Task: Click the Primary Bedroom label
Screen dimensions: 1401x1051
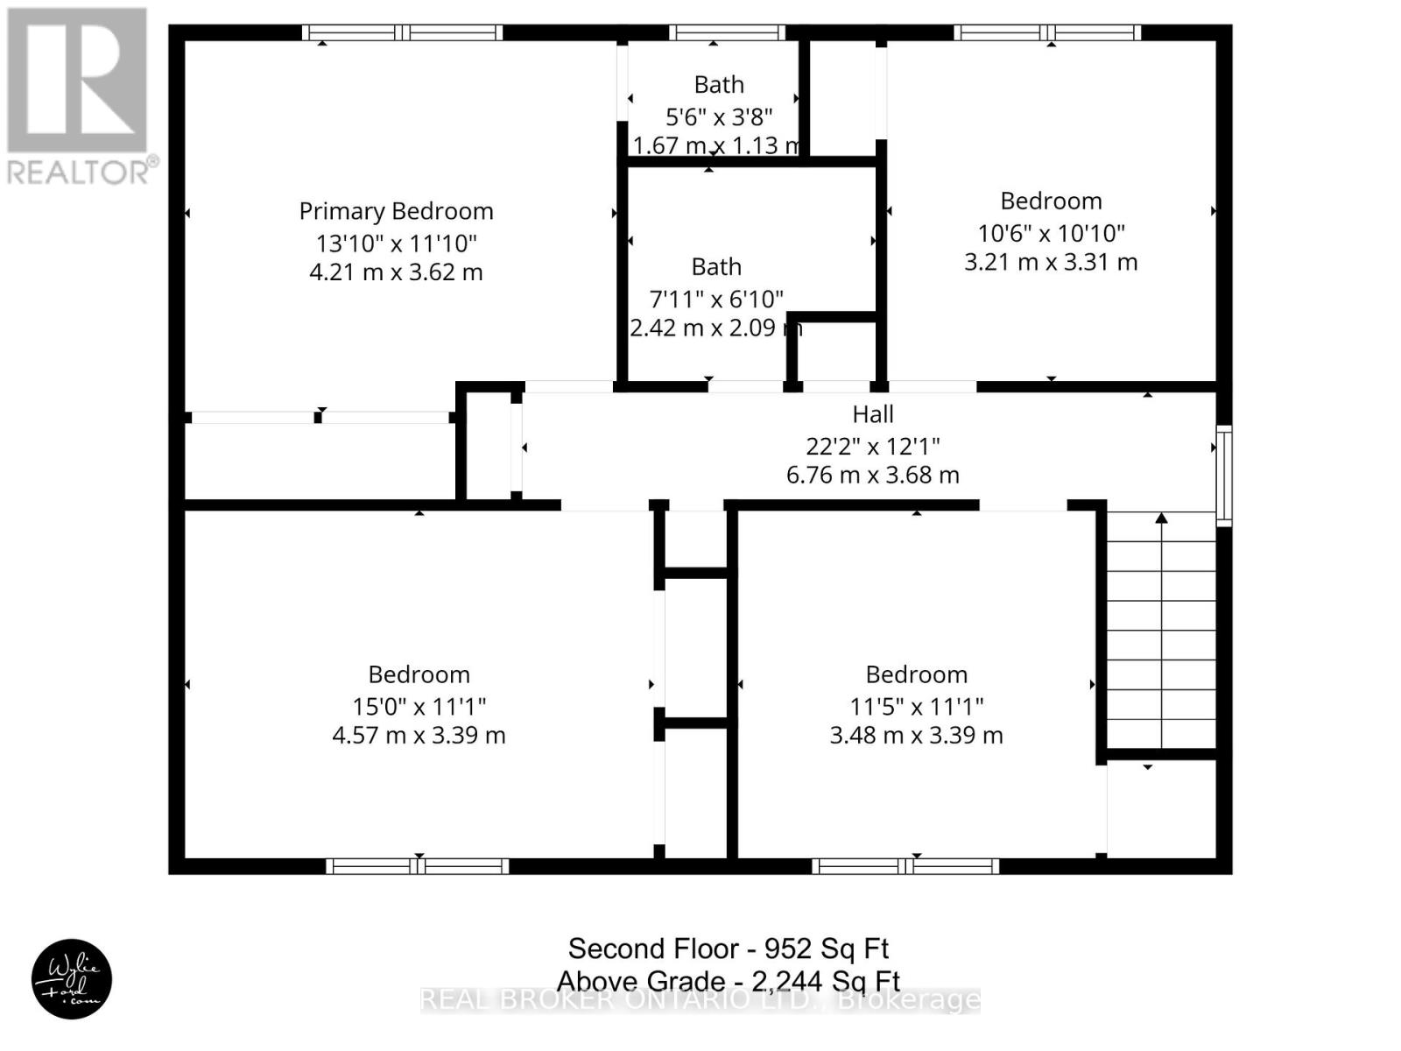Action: point(396,212)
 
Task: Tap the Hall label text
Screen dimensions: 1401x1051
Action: point(872,414)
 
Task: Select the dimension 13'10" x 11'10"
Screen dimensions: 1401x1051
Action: point(397,243)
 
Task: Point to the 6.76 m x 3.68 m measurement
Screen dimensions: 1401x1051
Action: point(872,475)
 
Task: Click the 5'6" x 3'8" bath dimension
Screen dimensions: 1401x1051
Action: point(719,116)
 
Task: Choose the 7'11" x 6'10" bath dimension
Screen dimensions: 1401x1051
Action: point(716,298)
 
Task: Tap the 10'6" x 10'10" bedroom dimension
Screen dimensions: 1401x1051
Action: point(1052,233)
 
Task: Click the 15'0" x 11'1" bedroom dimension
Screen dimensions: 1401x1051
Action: point(419,707)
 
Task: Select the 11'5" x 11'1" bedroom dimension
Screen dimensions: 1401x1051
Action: point(917,707)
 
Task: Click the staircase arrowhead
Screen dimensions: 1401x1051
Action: point(1162,518)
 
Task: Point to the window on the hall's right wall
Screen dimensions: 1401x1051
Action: point(1223,476)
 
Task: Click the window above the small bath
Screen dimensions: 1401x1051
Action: point(727,32)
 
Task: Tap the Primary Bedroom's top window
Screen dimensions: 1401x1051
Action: point(402,32)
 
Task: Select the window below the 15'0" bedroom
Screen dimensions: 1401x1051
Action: point(418,866)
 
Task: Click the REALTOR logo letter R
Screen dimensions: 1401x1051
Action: point(77,80)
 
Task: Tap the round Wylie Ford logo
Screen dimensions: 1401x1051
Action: point(72,979)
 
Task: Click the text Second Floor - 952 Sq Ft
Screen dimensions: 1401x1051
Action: point(729,949)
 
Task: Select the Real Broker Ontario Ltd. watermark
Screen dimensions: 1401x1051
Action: point(700,1000)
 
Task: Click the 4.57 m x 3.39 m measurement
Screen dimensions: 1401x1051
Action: point(419,735)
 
